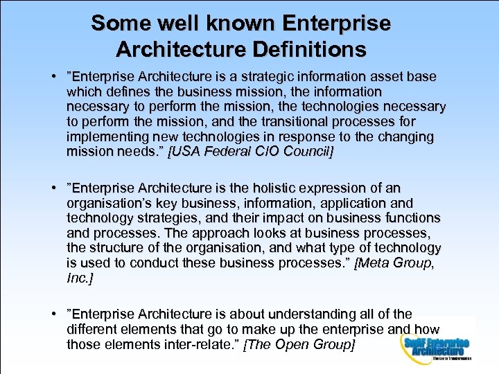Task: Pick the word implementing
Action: pos(105,136)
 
